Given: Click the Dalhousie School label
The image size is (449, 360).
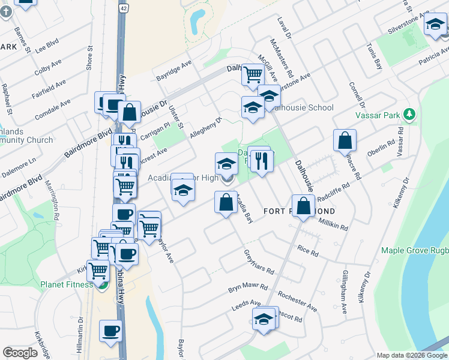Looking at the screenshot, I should click(x=303, y=108).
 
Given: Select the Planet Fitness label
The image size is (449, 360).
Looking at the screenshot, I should click(x=67, y=284).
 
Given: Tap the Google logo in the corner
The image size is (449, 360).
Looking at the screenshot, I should click(x=20, y=352).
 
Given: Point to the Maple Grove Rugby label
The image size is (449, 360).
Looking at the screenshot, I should click(x=414, y=250).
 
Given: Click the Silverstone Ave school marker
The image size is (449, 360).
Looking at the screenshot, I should click(x=435, y=25).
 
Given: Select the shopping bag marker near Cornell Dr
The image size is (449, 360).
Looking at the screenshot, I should click(x=345, y=141).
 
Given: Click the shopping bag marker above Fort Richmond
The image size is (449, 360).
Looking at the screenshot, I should click(x=304, y=206).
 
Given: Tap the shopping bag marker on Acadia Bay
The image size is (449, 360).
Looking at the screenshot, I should click(x=226, y=202).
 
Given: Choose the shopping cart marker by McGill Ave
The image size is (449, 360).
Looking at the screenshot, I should click(x=253, y=75).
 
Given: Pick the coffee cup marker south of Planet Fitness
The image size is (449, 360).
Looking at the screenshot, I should click(x=110, y=331).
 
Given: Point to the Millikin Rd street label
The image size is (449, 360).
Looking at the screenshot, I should click(x=333, y=223).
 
